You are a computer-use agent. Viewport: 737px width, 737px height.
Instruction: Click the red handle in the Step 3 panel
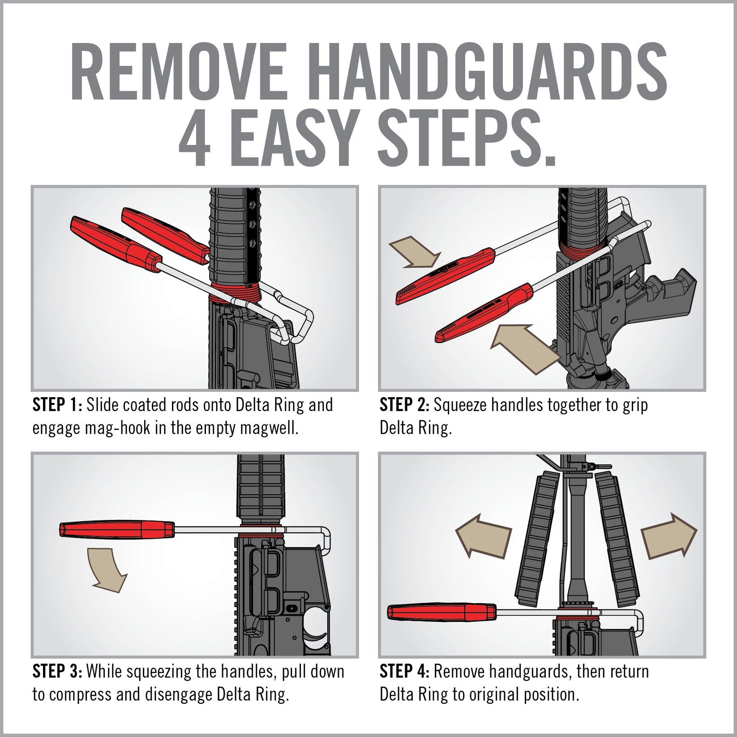tap(116, 530)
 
